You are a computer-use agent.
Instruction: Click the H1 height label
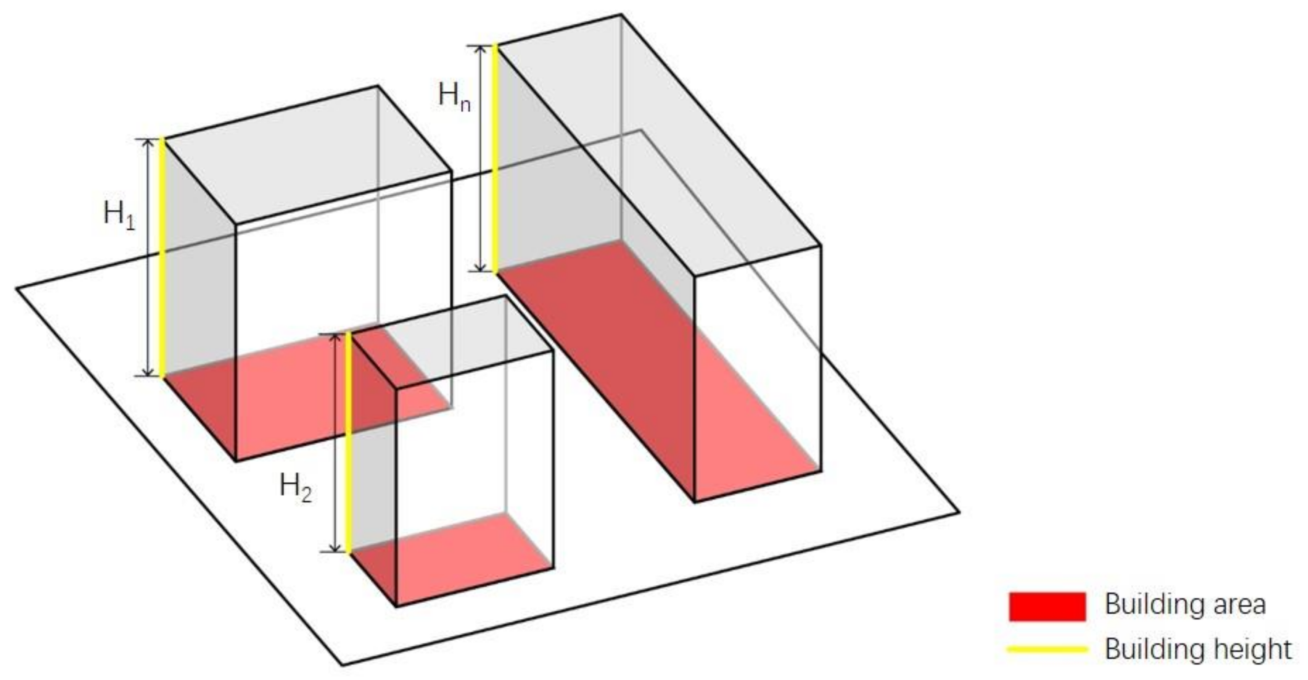[119, 215]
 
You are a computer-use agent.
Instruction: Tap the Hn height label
[454, 97]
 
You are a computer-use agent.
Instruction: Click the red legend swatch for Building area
[1047, 606]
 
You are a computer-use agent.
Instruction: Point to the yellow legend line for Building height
[1047, 649]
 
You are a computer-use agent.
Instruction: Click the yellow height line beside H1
[163, 258]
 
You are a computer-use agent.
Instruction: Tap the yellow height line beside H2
[348, 442]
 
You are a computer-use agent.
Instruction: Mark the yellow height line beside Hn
[495, 158]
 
